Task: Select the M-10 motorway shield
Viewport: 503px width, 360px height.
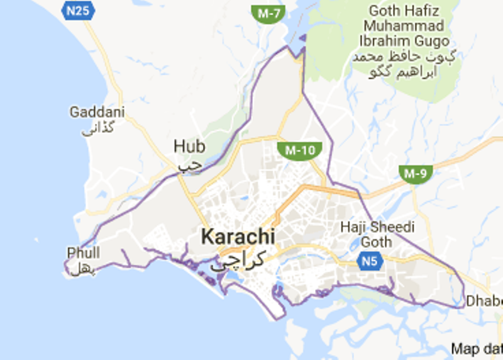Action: click(299, 150)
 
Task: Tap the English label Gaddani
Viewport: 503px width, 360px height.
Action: click(97, 113)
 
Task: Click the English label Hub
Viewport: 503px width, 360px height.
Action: click(189, 147)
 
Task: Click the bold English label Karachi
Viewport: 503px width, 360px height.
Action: click(238, 237)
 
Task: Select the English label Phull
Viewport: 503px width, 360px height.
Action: click(83, 253)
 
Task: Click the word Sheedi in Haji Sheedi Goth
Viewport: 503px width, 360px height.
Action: click(395, 227)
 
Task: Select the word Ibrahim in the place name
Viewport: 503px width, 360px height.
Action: click(388, 41)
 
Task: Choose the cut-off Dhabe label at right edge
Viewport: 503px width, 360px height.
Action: click(484, 300)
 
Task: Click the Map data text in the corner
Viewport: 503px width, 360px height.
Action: click(477, 348)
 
